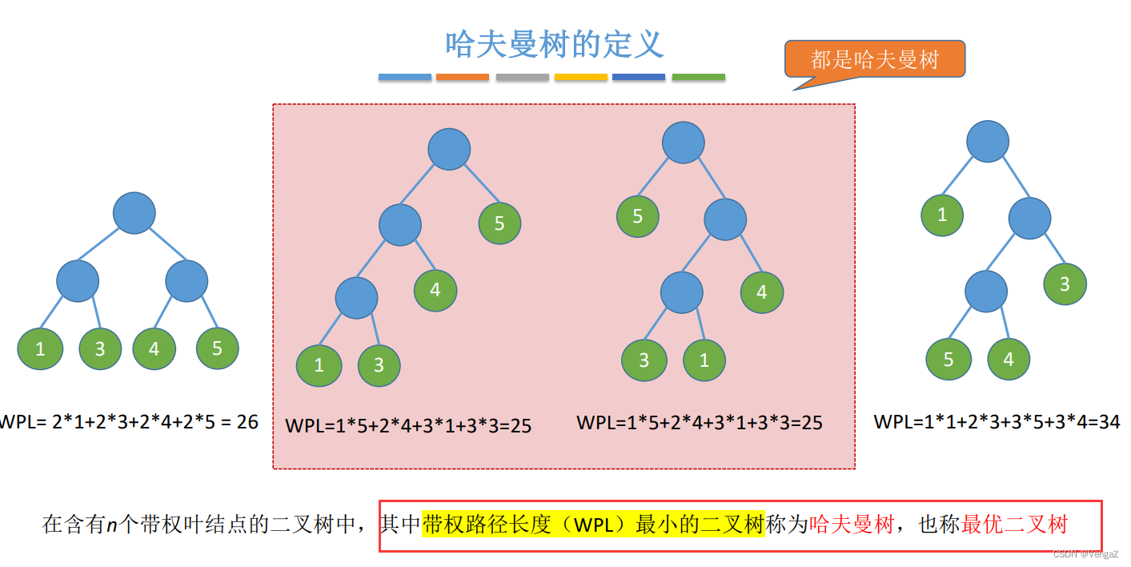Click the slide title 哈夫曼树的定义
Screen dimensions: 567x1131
tap(555, 44)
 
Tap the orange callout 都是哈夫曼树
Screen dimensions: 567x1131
tap(874, 59)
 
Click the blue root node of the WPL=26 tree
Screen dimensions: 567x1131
tap(134, 213)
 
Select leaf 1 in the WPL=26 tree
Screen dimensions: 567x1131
tap(40, 349)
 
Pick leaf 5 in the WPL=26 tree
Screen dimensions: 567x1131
tap(218, 348)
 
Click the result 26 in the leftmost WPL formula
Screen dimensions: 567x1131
tap(247, 421)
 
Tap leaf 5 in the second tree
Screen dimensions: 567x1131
tap(499, 223)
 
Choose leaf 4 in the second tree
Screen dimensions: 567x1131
tap(435, 290)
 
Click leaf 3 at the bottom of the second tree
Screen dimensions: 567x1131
tap(379, 365)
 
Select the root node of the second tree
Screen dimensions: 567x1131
tap(449, 149)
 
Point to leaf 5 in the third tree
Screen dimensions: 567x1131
tap(638, 215)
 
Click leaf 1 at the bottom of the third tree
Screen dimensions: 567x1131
tap(704, 360)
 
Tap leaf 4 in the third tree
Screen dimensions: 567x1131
tap(762, 292)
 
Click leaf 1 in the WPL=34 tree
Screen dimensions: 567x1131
tap(942, 215)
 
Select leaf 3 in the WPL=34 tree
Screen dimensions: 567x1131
tap(1065, 283)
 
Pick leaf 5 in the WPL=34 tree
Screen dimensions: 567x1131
tap(949, 359)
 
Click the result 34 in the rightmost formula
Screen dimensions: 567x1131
tap(1109, 421)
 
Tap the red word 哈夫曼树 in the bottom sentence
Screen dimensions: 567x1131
tap(852, 525)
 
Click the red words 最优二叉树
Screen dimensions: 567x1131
tap(1015, 525)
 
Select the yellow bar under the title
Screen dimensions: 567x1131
tap(581, 77)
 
